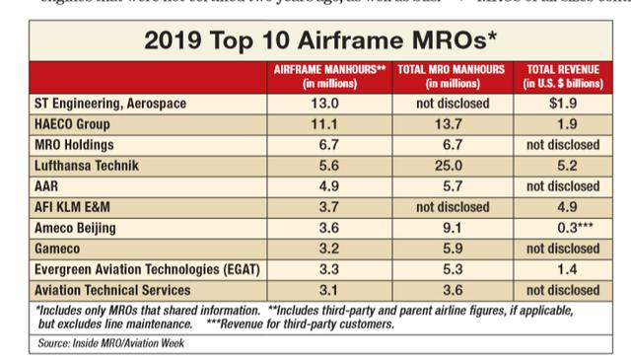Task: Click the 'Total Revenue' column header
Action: [x=560, y=78]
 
